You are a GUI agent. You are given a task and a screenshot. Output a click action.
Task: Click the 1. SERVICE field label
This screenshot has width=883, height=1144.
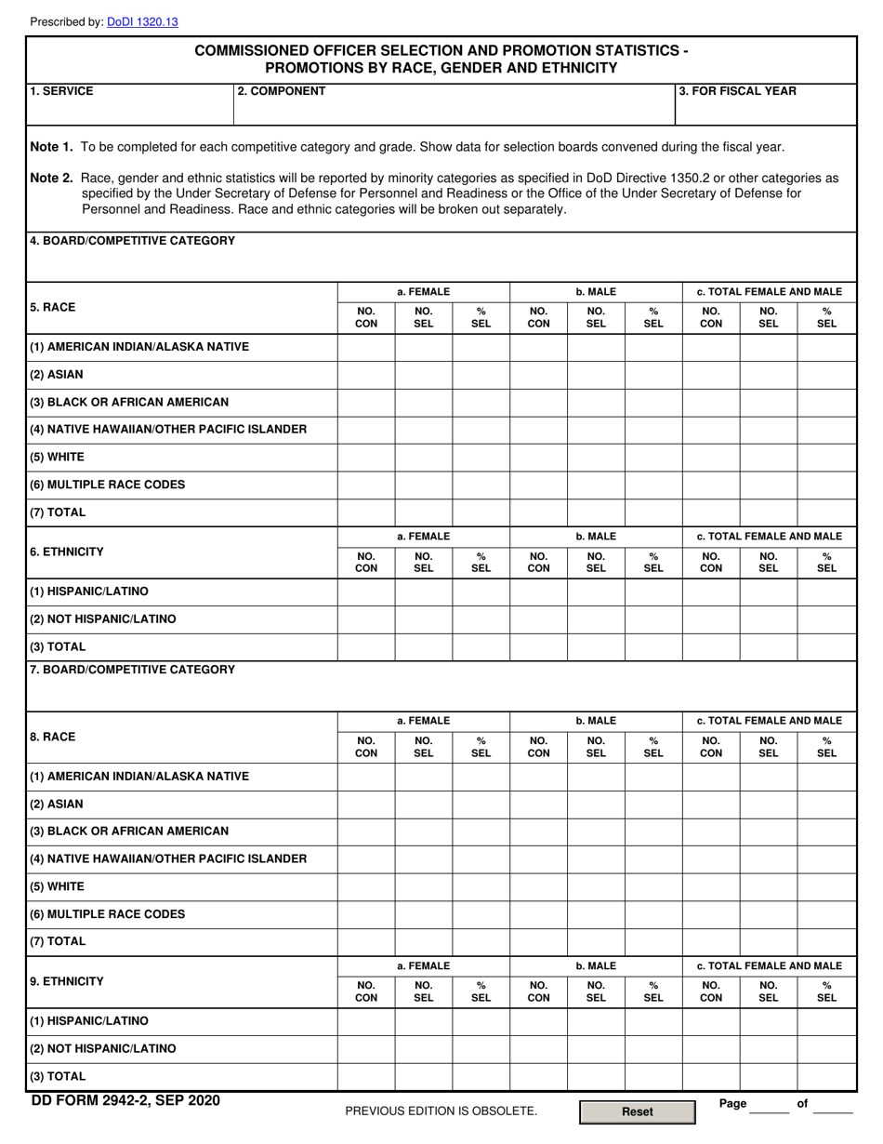coord(61,91)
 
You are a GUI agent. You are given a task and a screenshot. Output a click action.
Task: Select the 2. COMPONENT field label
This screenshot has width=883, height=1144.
coord(282,91)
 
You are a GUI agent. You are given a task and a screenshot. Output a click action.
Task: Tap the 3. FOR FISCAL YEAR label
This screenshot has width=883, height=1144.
coord(738,91)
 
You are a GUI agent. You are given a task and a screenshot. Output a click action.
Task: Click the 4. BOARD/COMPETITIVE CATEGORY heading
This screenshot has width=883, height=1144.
coord(133,241)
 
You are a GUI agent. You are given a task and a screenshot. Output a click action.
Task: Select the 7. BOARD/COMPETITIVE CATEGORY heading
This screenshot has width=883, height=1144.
coord(133,669)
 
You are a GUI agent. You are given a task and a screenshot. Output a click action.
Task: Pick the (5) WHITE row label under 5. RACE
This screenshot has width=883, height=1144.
coord(57,458)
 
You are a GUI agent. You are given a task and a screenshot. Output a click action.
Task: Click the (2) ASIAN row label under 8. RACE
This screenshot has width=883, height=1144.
coord(56,804)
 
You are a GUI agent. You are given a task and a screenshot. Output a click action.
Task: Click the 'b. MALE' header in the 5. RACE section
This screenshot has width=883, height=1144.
coord(596,291)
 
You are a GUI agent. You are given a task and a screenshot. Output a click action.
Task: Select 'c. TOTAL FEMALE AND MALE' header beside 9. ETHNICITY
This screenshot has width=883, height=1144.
coord(769,965)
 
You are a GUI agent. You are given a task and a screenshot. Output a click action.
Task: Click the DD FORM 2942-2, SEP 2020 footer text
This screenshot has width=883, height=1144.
coord(125,1102)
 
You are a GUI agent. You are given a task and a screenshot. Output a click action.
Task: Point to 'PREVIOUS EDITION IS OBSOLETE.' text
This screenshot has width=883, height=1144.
coord(441,1111)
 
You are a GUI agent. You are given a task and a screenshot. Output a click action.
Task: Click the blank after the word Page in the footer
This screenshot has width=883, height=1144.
coord(770,1105)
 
